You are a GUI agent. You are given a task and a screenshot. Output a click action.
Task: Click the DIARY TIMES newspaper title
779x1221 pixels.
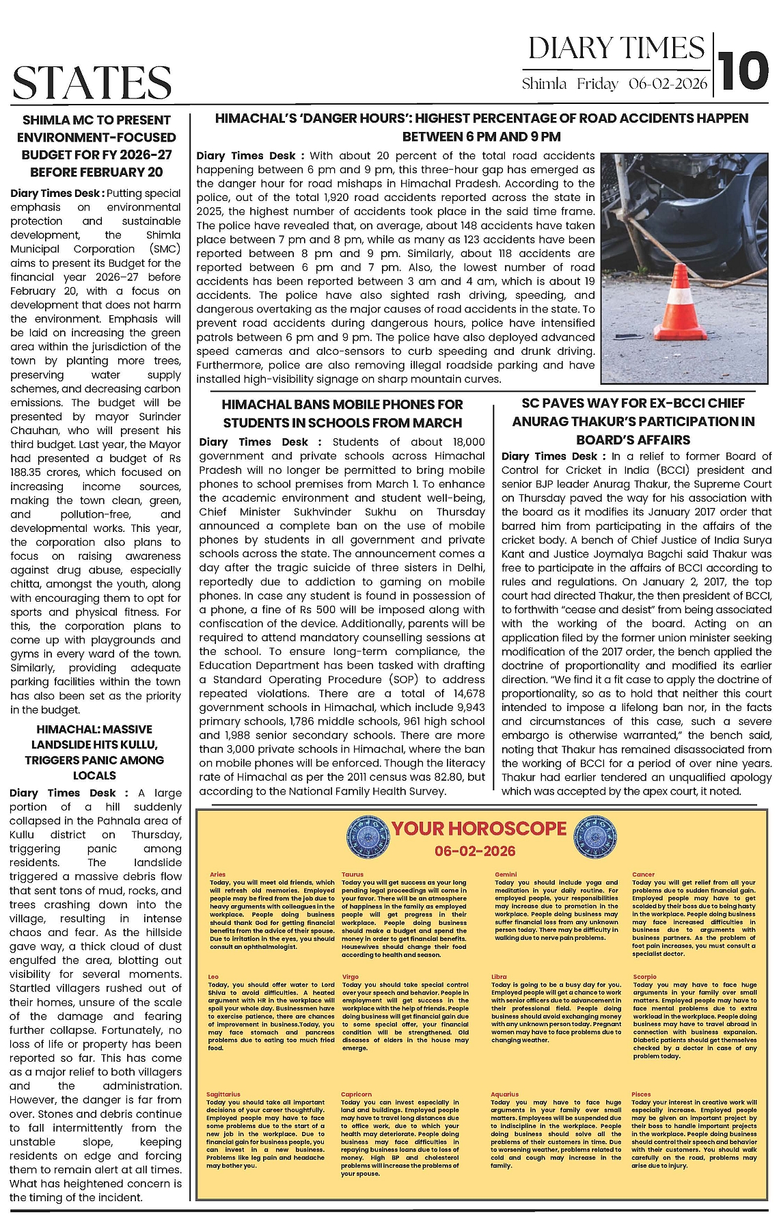tap(616, 49)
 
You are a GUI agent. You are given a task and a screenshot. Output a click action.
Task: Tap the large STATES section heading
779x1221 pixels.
tap(92, 82)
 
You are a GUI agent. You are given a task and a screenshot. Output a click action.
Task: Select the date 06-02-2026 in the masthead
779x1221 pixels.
tap(668, 84)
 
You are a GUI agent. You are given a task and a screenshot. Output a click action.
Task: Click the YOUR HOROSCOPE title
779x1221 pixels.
tap(479, 829)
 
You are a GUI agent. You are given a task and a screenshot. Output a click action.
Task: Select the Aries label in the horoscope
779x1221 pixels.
tap(217, 874)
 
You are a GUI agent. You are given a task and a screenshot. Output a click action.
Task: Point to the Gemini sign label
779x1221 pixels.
tap(506, 874)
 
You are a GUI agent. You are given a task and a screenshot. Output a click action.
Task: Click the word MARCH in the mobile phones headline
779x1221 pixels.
tap(438, 422)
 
